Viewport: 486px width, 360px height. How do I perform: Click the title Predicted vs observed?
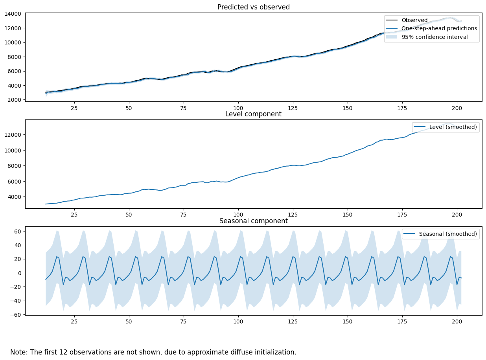(x=253, y=7)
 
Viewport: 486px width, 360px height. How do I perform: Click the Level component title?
(x=253, y=114)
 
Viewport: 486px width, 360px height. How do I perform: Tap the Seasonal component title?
(x=253, y=221)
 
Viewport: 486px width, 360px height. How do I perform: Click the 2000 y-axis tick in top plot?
(x=15, y=100)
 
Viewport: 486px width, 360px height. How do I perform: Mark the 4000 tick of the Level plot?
(x=15, y=197)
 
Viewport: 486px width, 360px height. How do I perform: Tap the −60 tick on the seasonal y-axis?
(x=17, y=315)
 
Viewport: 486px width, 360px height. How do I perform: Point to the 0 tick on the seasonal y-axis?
(x=20, y=273)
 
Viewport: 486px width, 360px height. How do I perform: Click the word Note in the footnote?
(x=18, y=352)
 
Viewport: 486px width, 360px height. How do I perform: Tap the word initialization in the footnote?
(x=275, y=352)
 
